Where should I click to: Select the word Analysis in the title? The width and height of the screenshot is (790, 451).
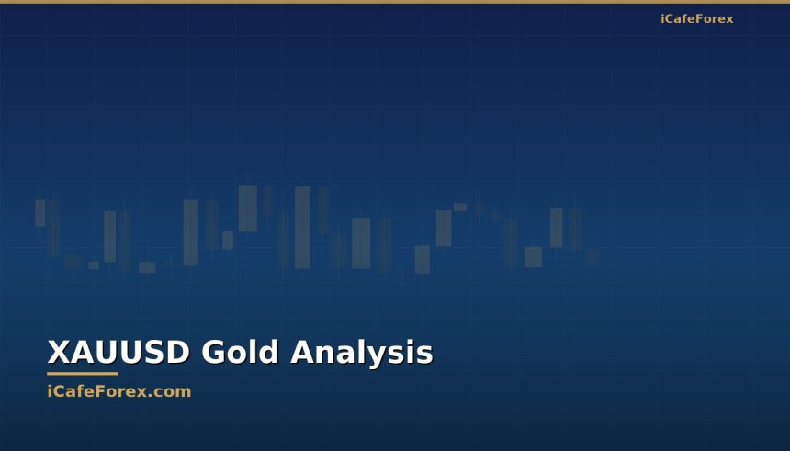pos(362,353)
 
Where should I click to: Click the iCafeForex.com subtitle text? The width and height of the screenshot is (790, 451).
pos(119,391)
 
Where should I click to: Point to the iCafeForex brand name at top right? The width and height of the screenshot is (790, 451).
pos(696,19)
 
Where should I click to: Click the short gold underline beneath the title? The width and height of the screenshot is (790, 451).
pos(83,374)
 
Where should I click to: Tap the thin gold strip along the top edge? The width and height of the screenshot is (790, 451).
pos(395,2)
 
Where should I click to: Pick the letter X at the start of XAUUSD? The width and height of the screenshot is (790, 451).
pos(58,353)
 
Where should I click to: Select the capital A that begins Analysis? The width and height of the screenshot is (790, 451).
pos(304,353)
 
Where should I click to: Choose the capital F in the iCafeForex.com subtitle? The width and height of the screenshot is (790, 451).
pos(95,391)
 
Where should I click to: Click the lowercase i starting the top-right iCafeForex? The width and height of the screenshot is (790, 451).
pos(662,19)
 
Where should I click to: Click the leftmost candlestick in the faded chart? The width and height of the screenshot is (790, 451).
pos(39,213)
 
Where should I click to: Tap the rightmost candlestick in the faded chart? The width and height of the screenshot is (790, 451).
pos(592,255)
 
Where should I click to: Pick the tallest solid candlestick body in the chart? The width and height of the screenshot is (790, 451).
pos(302,228)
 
